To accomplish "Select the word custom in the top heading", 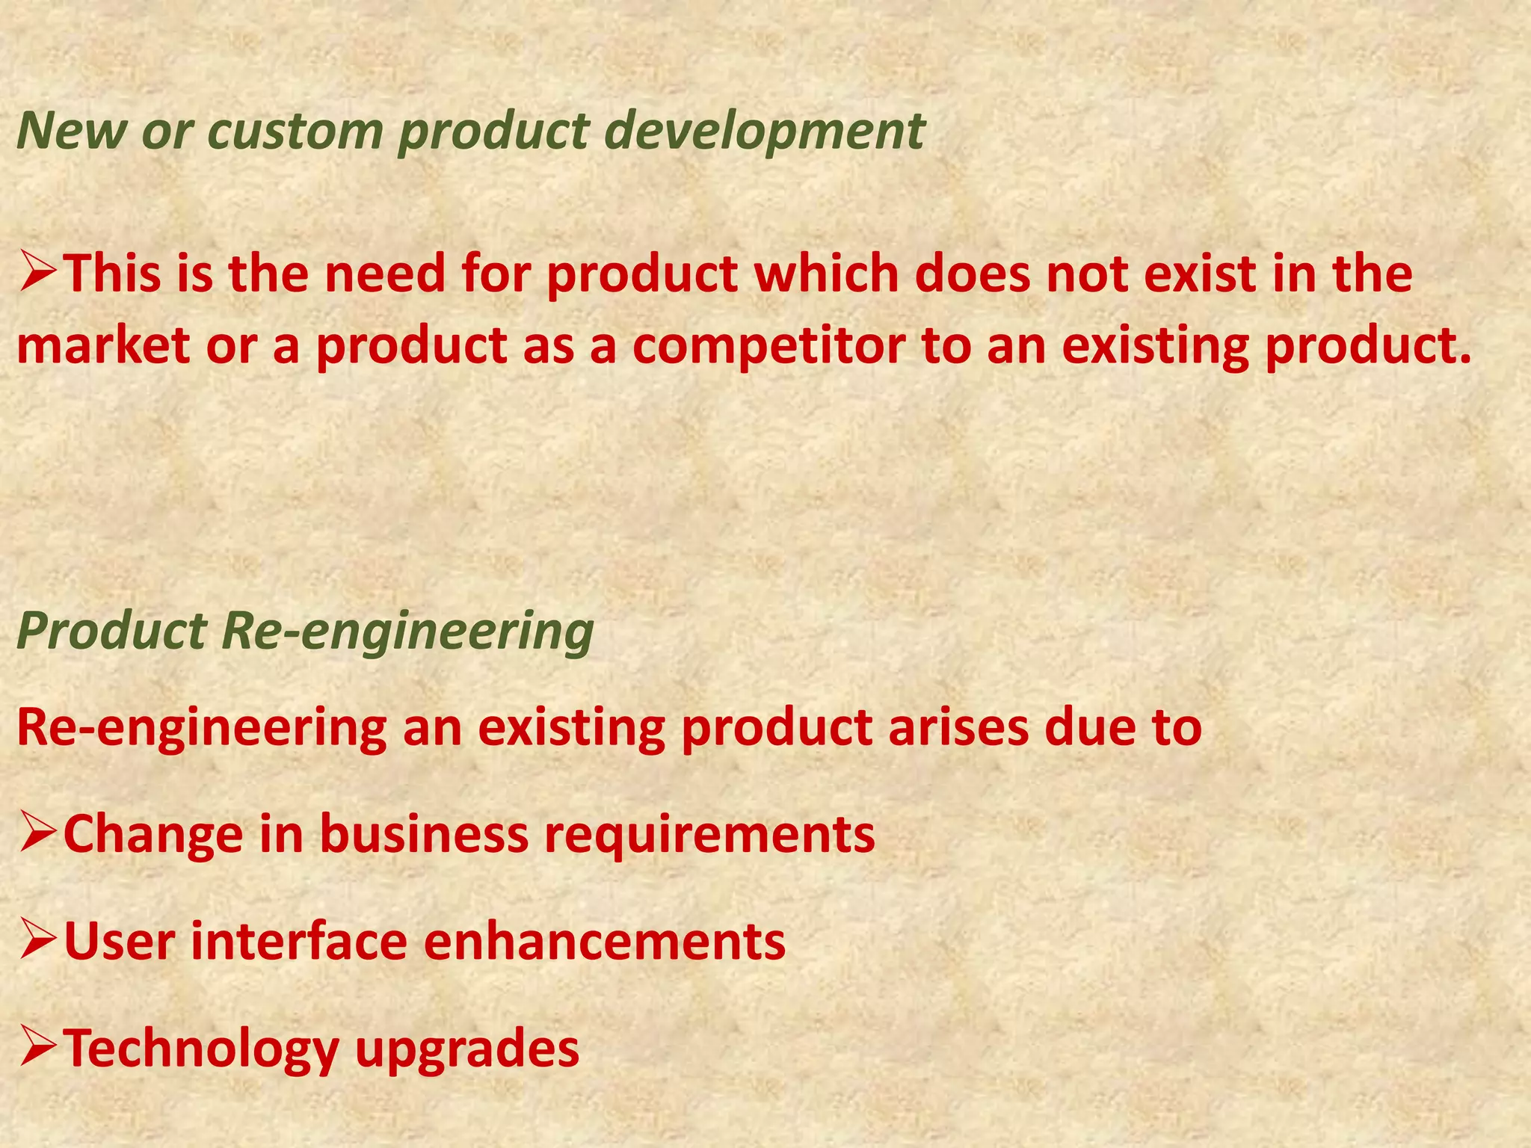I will point(294,131).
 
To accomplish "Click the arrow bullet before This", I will point(37,273).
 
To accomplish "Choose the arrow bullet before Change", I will point(37,834).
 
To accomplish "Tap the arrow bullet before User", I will point(37,941).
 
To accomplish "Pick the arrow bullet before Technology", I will point(37,1048).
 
